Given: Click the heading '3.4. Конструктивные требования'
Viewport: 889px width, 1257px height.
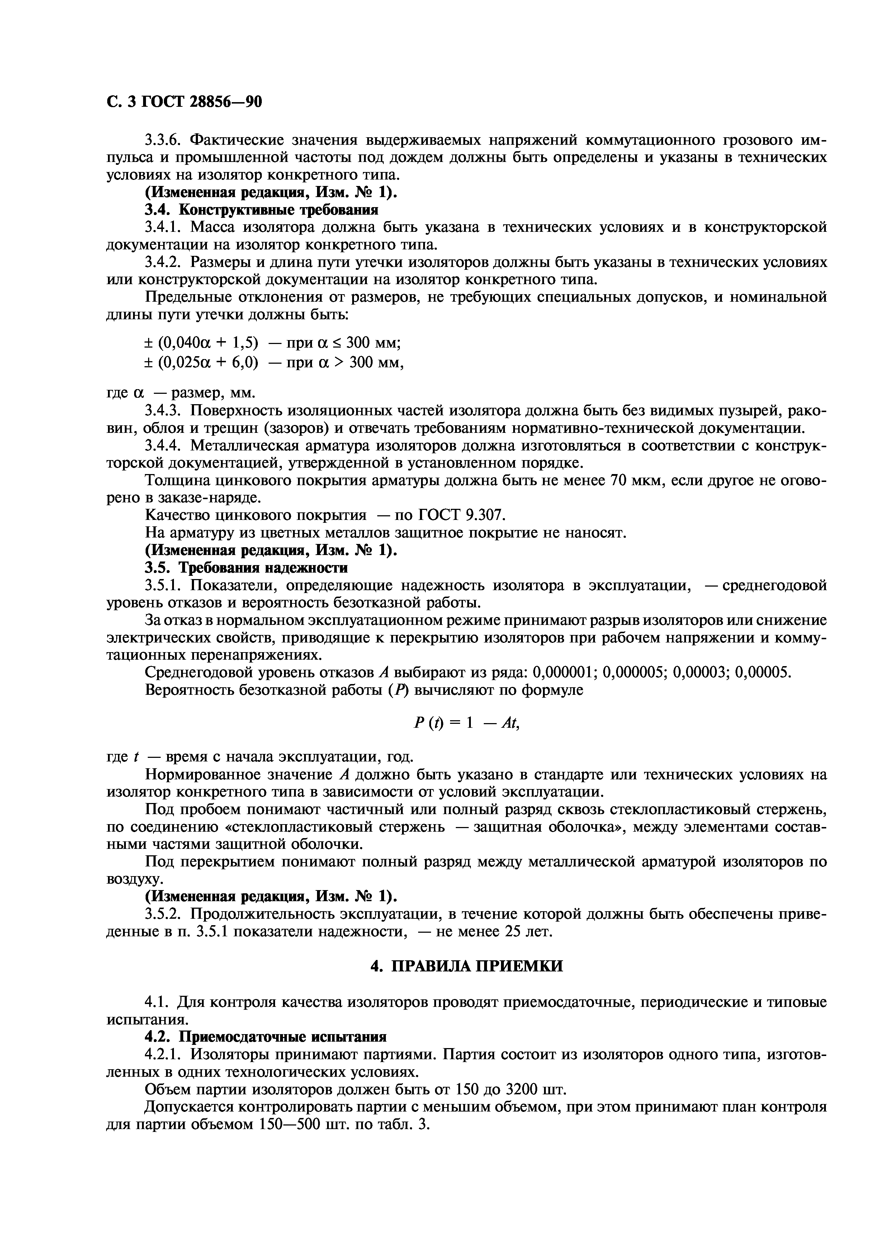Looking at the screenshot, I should [x=261, y=210].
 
